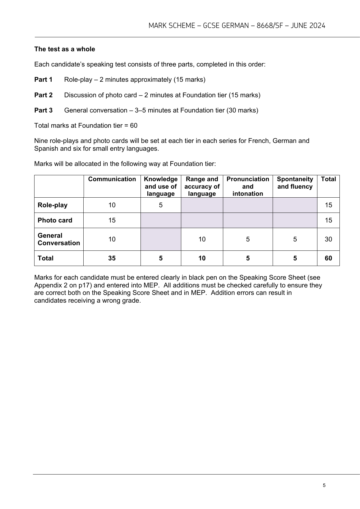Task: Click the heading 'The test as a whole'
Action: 65,49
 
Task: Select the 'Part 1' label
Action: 43,80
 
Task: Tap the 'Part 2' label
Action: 43,95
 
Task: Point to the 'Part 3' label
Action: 43,110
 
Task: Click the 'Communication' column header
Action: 112,179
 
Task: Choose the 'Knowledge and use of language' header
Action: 161,186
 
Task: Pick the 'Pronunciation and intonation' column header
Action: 248,186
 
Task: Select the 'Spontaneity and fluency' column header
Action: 295,183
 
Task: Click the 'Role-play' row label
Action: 53,205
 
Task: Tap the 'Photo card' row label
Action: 55,220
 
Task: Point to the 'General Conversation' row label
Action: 59,239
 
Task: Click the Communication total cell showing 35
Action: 112,258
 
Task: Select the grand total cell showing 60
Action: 328,258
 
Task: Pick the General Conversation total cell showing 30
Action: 328,239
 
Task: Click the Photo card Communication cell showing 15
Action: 112,220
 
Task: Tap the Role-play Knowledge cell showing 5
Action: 161,205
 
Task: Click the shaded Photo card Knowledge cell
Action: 161,220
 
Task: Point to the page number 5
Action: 324,486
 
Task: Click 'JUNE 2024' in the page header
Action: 308,26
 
